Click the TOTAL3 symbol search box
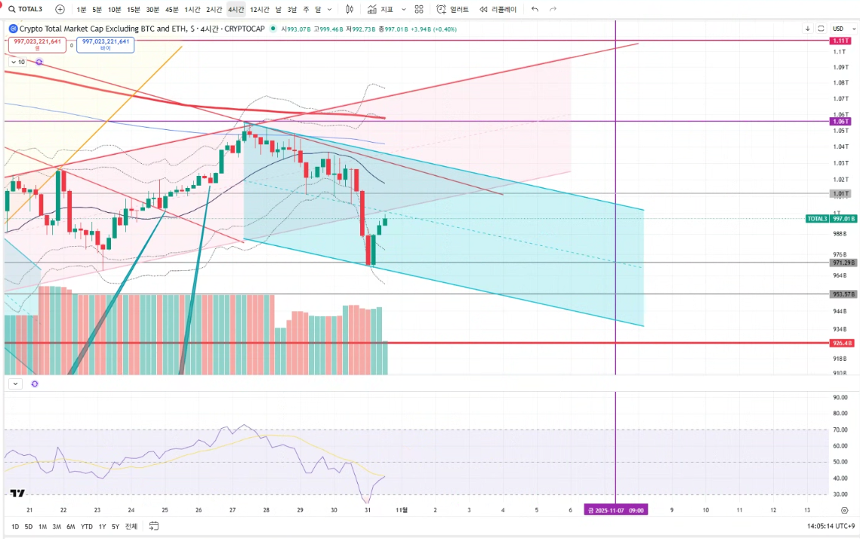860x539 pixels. (26, 9)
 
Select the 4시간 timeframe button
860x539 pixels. (236, 9)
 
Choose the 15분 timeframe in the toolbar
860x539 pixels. (134, 9)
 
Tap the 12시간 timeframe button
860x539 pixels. (259, 9)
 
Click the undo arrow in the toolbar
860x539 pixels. (535, 9)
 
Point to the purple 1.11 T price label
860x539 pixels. (840, 40)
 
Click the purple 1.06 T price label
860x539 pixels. (840, 121)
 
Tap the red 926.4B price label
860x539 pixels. (840, 343)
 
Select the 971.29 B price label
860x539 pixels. (842, 263)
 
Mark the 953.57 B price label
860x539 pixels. (842, 294)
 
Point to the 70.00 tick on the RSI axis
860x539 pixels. (840, 430)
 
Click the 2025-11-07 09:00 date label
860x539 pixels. (616, 510)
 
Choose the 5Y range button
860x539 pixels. (116, 526)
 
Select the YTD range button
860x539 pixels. (87, 526)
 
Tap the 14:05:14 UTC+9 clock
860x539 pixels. (831, 526)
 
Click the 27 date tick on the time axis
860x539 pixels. (232, 510)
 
